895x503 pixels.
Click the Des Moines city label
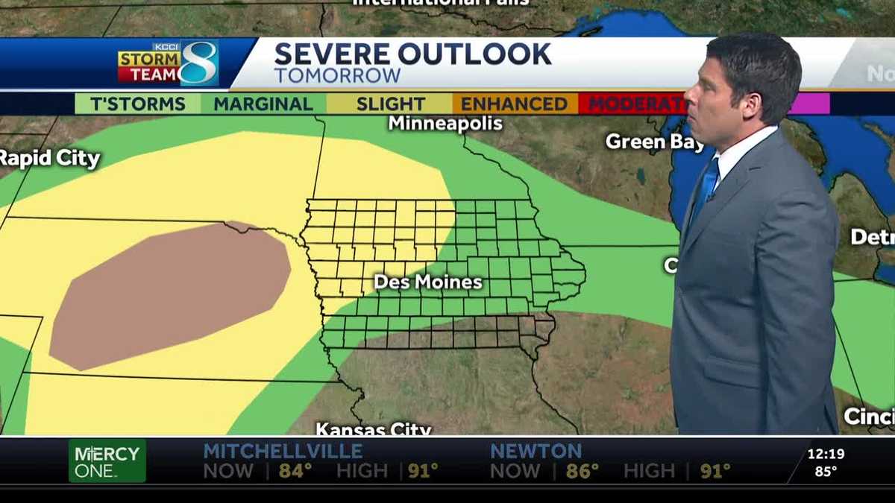[x=427, y=282]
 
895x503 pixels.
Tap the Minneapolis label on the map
[x=445, y=123]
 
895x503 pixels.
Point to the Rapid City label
[x=49, y=158]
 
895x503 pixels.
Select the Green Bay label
[x=654, y=141]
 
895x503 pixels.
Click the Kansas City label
[x=373, y=429]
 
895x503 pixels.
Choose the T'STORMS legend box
[x=137, y=104]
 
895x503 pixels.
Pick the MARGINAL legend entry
[x=263, y=104]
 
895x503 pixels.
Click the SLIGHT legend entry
[x=390, y=104]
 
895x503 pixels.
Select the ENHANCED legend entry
[x=514, y=104]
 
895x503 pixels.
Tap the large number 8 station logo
[x=199, y=63]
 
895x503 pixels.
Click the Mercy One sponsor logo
[x=107, y=461]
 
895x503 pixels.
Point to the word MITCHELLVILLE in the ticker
[x=283, y=451]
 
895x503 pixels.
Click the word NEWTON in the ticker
[x=536, y=451]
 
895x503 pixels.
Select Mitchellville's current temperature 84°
[x=295, y=471]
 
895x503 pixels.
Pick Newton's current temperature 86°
[x=582, y=471]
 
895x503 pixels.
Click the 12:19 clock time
[x=826, y=453]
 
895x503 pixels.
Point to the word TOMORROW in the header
[x=337, y=76]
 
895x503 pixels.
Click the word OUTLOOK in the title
[x=474, y=54]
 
